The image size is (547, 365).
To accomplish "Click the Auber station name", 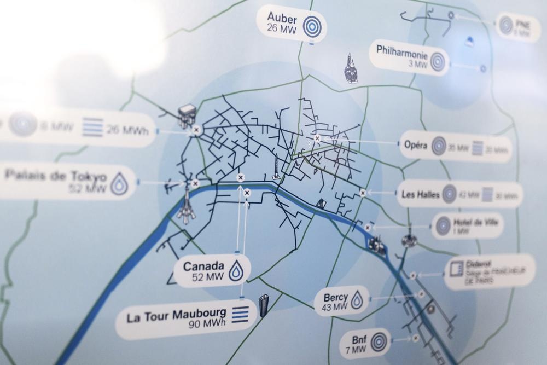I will [x=282, y=16].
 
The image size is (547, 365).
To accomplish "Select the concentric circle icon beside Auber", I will [x=312, y=26].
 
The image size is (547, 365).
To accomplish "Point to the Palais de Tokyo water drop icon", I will [x=119, y=184].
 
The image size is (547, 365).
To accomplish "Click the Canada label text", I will [x=204, y=266].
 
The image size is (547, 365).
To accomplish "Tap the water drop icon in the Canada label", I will [x=236, y=271].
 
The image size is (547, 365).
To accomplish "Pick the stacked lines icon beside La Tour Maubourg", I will [x=241, y=315].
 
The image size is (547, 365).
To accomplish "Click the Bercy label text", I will [x=335, y=297].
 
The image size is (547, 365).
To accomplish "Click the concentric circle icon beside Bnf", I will [x=379, y=343].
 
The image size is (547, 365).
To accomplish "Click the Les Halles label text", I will [x=421, y=194].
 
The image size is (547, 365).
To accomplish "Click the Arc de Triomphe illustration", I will [x=187, y=115].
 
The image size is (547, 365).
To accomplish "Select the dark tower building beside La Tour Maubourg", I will [x=264, y=305].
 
